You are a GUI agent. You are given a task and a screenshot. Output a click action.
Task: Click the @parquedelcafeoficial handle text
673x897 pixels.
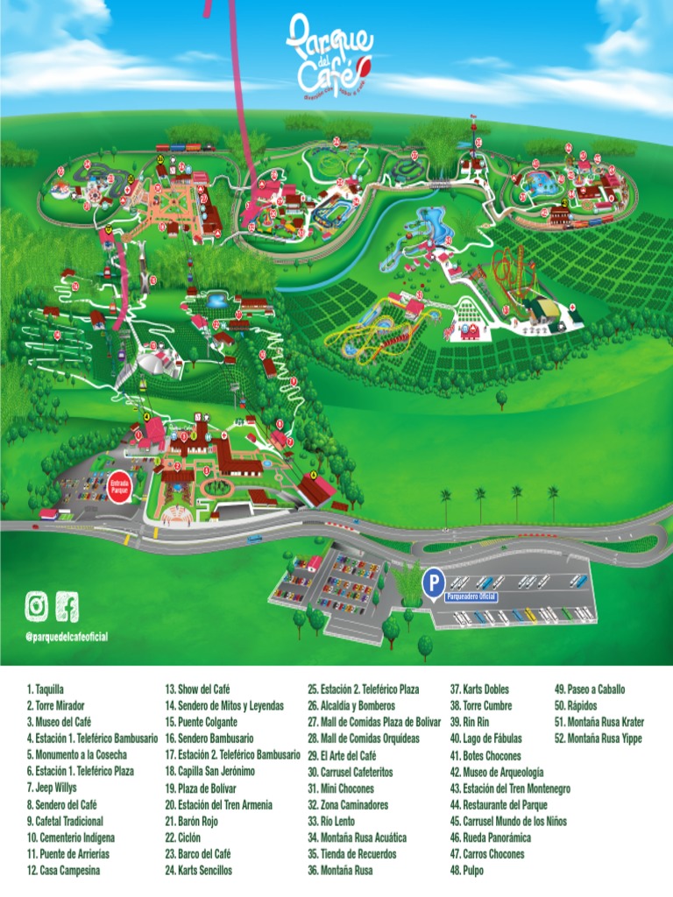pyautogui.click(x=67, y=636)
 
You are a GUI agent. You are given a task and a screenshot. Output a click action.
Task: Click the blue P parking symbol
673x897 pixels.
pyautogui.click(x=432, y=581)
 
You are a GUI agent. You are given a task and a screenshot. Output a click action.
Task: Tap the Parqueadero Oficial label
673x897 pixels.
pyautogui.click(x=471, y=597)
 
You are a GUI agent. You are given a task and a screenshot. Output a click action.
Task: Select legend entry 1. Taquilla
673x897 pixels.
pyautogui.click(x=46, y=689)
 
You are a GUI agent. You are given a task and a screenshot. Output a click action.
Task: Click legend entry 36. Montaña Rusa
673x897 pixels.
pyautogui.click(x=341, y=871)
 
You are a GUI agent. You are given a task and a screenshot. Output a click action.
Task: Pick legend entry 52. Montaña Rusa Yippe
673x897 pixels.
pyautogui.click(x=598, y=738)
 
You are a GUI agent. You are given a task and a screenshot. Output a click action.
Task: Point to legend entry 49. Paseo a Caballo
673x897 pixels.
pyautogui.click(x=590, y=689)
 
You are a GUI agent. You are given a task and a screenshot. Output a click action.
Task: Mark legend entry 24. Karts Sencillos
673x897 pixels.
pyautogui.click(x=198, y=871)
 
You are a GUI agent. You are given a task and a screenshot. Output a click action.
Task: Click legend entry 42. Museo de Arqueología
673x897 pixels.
pyautogui.click(x=497, y=772)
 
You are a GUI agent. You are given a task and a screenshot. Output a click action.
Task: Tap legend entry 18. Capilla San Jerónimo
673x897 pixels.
pyautogui.click(x=209, y=772)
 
